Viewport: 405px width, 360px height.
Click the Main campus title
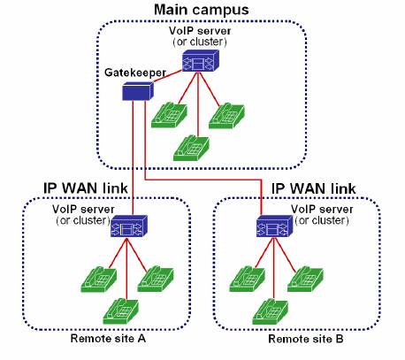(202, 10)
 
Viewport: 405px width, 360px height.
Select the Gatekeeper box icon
(138, 91)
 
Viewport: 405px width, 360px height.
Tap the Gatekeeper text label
(135, 73)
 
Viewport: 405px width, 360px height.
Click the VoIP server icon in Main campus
(201, 60)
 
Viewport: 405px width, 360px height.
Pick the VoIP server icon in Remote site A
(129, 226)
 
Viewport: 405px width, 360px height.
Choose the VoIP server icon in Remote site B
(275, 226)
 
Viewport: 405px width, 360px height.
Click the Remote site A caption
(108, 338)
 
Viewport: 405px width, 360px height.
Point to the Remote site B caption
(306, 339)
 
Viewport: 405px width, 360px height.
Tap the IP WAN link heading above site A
(86, 188)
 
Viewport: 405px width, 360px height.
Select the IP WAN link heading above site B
(313, 188)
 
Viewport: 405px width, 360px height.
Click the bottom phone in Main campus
(191, 149)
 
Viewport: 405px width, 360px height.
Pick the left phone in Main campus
(169, 115)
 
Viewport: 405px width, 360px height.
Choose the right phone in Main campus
(226, 116)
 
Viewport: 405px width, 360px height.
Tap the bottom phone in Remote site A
(120, 311)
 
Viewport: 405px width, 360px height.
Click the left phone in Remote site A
(99, 280)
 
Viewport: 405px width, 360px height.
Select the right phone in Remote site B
(305, 279)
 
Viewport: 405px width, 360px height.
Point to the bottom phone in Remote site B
(271, 311)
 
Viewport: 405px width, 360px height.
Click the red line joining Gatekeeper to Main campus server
(167, 76)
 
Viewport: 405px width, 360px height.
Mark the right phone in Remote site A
(156, 279)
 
